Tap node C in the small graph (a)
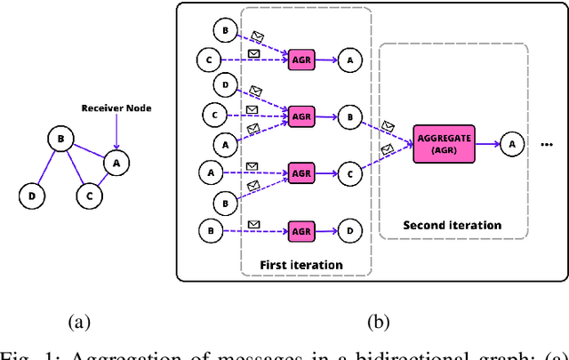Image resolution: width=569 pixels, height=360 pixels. point(87,193)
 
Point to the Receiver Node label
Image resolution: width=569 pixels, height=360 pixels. point(116,108)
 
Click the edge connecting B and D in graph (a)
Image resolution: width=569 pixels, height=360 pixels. point(45,168)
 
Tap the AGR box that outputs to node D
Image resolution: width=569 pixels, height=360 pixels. point(301,231)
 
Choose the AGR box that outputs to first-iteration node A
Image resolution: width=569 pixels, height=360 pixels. point(301,60)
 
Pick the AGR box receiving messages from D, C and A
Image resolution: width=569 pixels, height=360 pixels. point(301,116)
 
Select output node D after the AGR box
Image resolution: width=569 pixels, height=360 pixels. point(349,231)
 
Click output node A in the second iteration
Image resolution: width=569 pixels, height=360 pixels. point(511,143)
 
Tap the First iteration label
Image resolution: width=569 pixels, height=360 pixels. point(301,265)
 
